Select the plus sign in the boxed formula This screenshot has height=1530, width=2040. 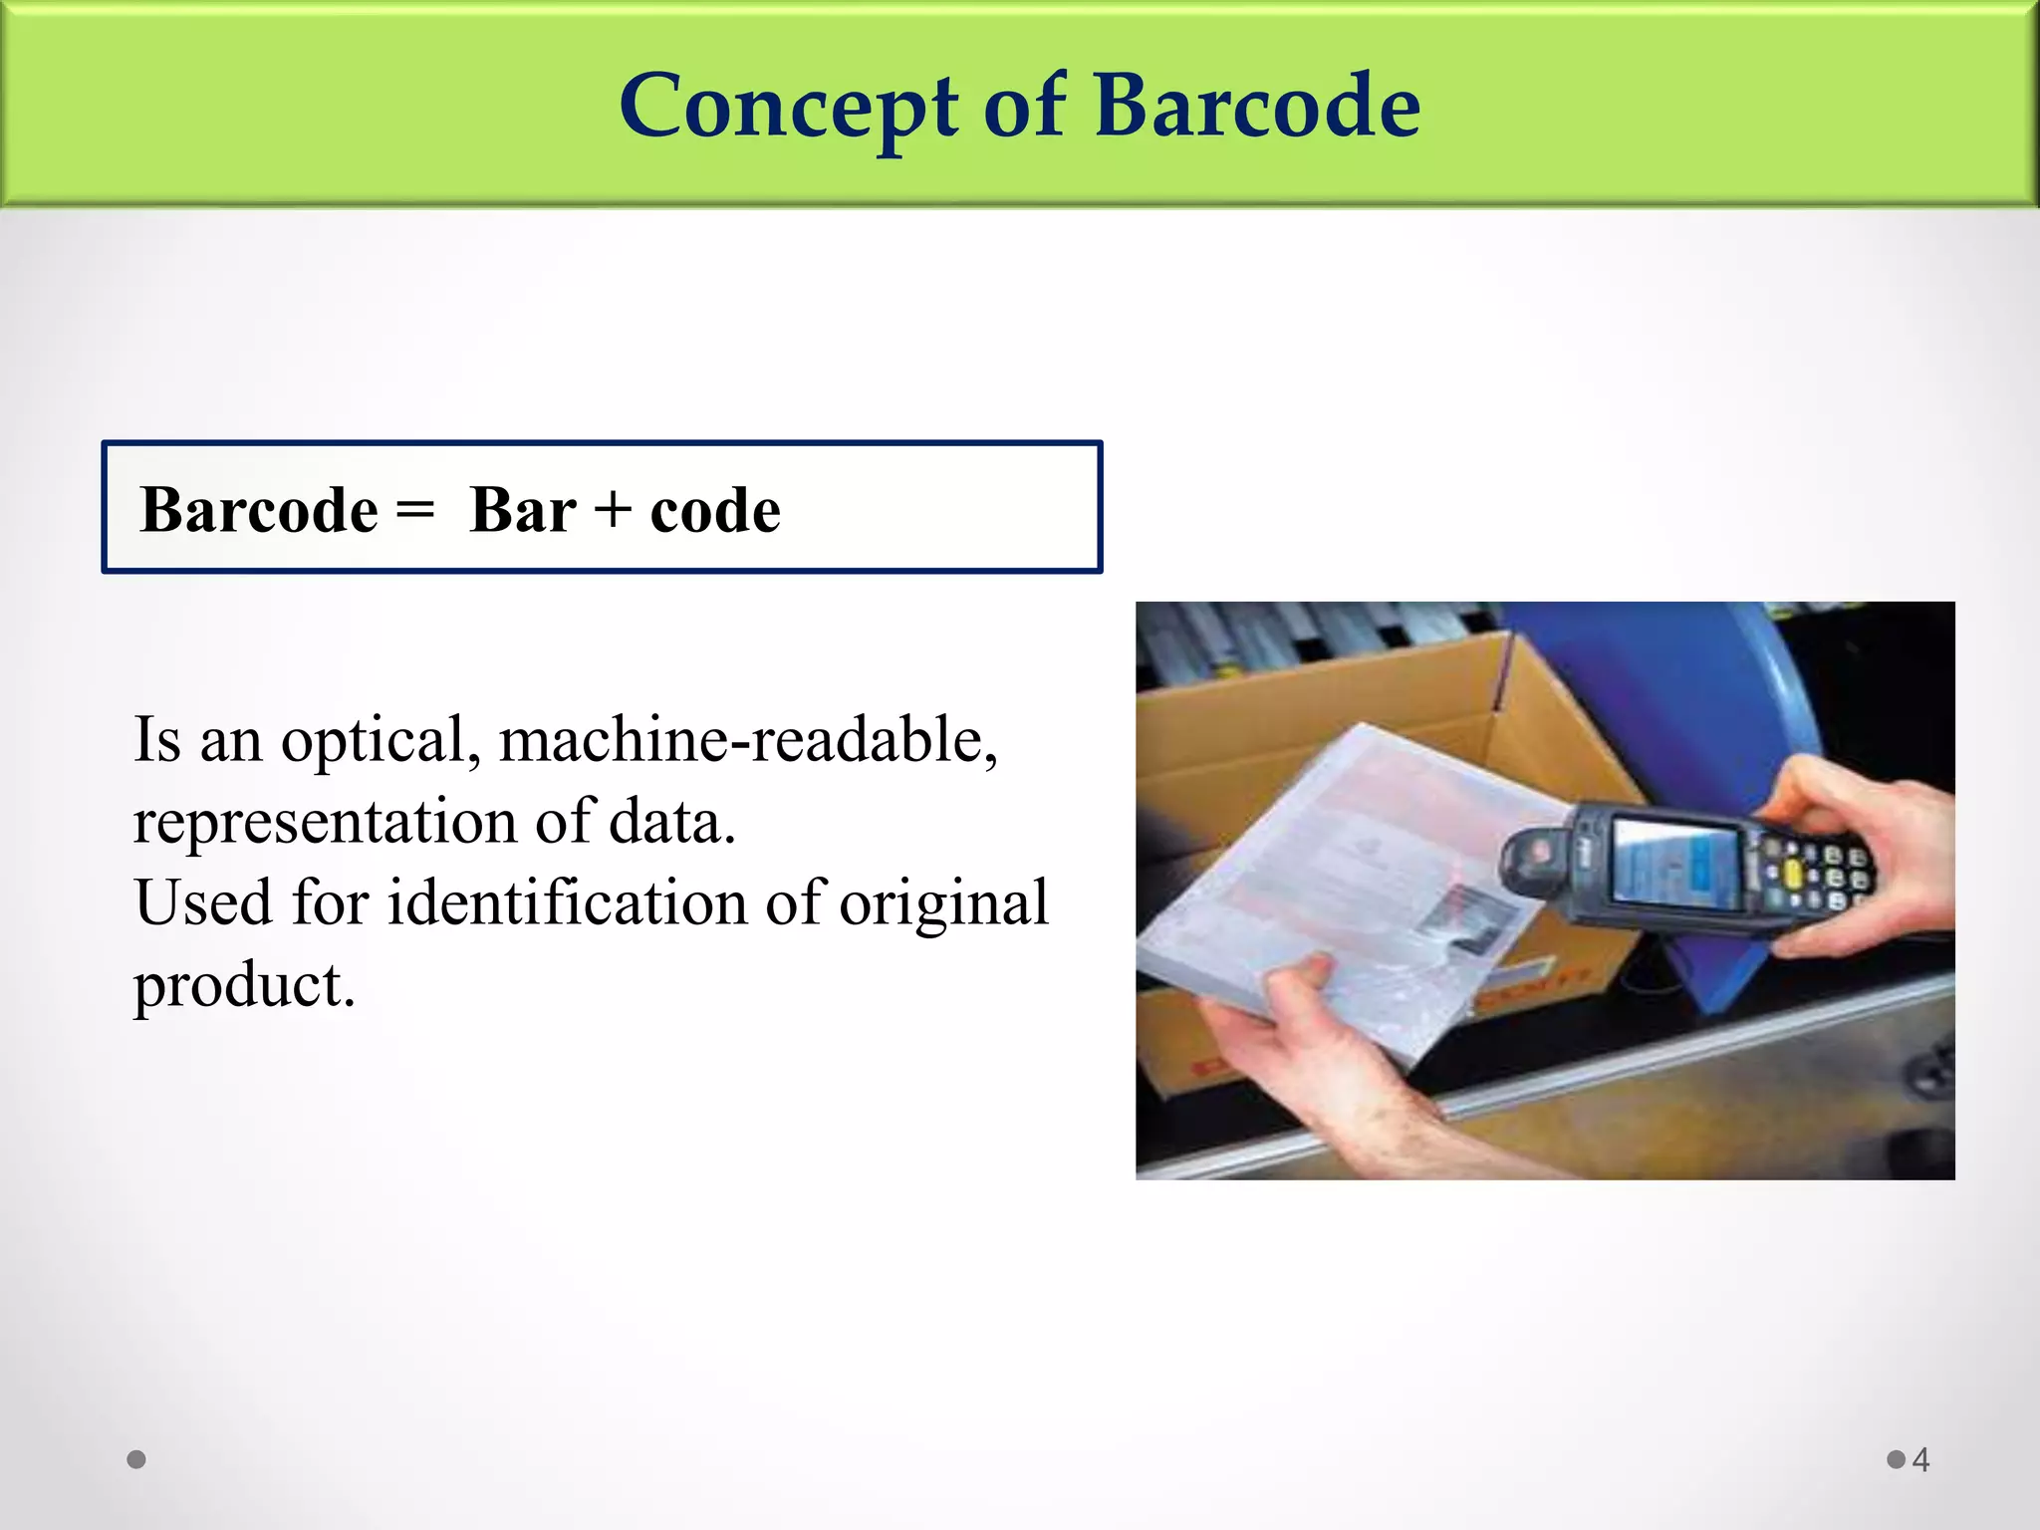[613, 510]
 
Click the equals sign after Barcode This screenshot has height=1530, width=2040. [414, 510]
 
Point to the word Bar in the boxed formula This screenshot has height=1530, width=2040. [522, 510]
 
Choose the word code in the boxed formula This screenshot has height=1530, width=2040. [715, 510]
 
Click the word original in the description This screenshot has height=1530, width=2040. [943, 904]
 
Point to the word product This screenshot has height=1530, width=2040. [244, 986]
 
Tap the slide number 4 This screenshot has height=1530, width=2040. [1921, 1460]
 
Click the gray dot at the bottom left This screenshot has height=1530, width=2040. [136, 1459]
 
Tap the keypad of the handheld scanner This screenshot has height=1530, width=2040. [1813, 871]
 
